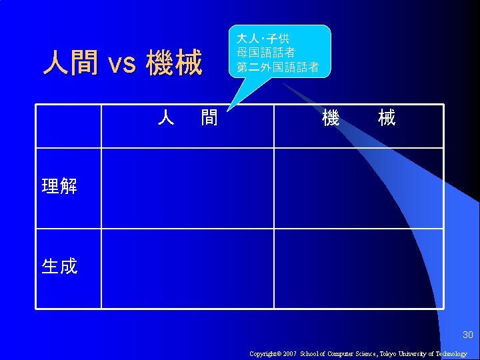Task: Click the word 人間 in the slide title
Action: pos(70,63)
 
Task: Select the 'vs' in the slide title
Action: pos(121,65)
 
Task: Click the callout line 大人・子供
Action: pos(262,39)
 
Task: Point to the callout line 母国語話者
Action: pos(265,53)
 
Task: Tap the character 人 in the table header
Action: pos(166,119)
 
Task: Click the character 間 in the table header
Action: pos(209,119)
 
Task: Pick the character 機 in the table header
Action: pos(331,119)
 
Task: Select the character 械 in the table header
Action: pos(386,119)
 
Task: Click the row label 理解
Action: pos(59,186)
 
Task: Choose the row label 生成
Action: pos(59,267)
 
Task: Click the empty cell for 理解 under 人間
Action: pos(187,188)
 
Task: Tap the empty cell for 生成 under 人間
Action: pos(187,269)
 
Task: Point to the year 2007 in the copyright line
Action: pos(289,354)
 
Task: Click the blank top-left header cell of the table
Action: pos(69,126)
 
